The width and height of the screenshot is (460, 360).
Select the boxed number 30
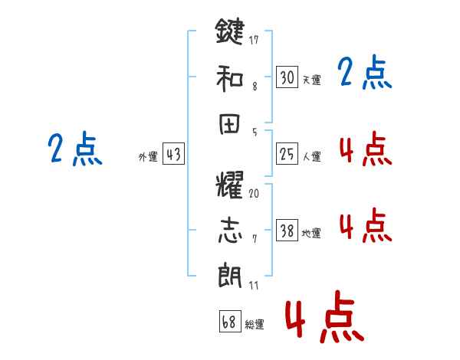point(287,77)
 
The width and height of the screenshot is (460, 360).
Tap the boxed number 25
point(287,154)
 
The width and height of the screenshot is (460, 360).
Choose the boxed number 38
point(287,231)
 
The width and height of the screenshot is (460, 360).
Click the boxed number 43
point(173,154)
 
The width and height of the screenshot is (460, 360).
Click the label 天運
point(311,80)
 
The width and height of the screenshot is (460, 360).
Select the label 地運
point(311,234)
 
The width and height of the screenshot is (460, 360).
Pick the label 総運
point(254,324)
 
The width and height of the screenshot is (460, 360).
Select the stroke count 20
point(254,193)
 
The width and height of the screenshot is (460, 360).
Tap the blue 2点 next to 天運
point(364,74)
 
